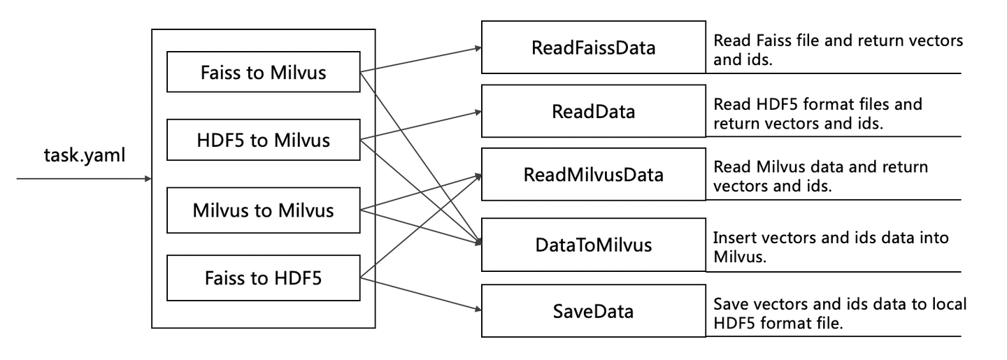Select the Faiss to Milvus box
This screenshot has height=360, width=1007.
tap(263, 71)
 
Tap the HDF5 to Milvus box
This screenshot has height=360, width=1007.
tap(263, 141)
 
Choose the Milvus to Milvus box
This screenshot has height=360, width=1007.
tap(263, 210)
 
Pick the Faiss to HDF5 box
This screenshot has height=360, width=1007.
tap(263, 278)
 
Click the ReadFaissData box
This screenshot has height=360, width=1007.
tap(593, 48)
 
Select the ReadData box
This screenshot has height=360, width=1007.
tap(593, 111)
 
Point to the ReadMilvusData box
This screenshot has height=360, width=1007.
tap(593, 175)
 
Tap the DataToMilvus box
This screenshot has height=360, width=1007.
tap(593, 245)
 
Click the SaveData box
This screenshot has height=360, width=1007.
tap(593, 310)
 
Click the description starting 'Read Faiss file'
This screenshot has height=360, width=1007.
tap(838, 50)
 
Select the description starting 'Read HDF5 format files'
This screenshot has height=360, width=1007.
tap(818, 114)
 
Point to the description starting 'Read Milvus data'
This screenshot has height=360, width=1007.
tap(821, 176)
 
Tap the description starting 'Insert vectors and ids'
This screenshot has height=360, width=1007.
tap(831, 247)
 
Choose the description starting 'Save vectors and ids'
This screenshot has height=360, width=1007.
tap(840, 314)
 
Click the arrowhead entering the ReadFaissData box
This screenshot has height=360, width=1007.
tap(477, 48)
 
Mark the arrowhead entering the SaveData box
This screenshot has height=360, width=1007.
tap(477, 310)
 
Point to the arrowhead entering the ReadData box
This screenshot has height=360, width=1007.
tap(477, 111)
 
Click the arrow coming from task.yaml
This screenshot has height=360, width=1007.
tap(84, 179)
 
